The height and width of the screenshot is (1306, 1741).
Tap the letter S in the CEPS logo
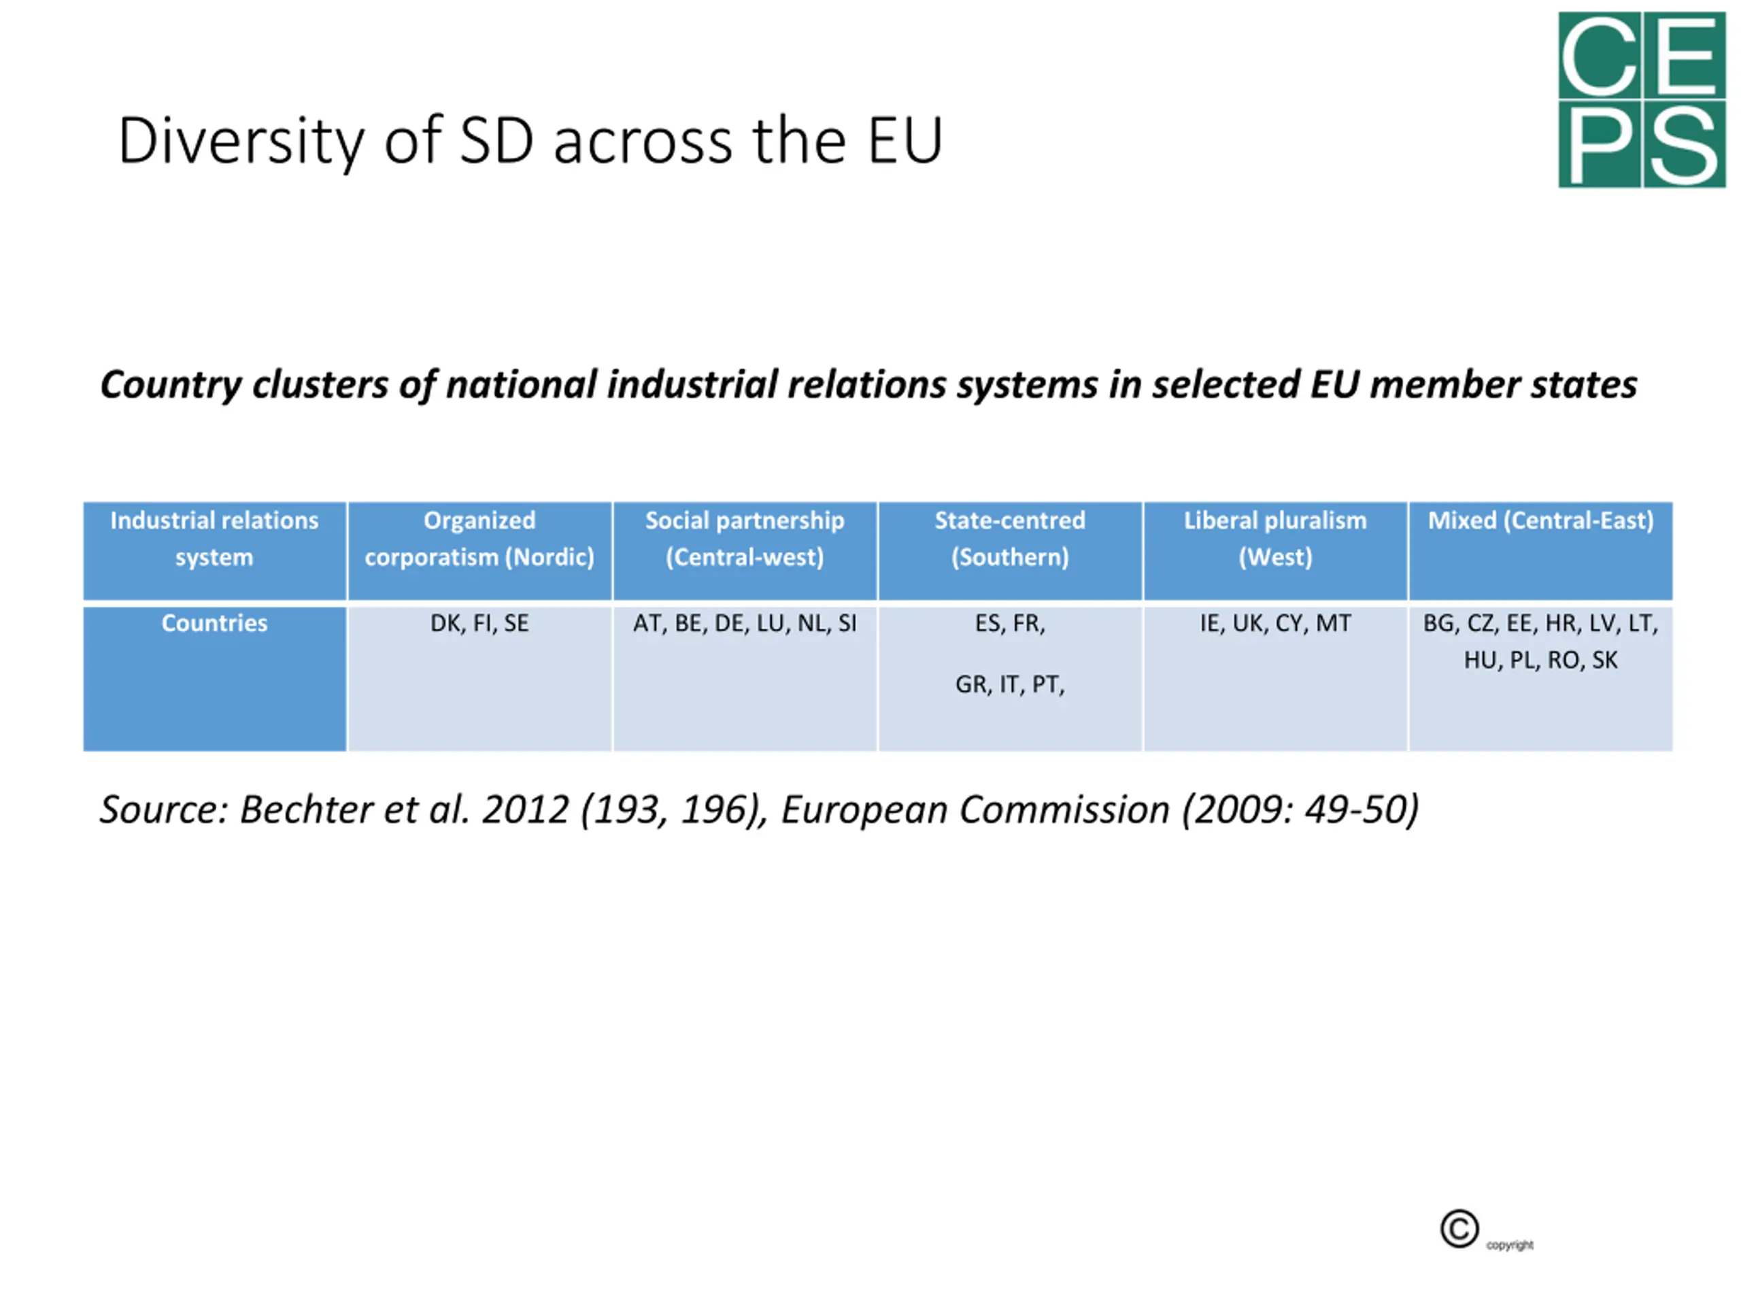[x=1684, y=146]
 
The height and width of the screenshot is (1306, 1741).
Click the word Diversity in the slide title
[x=241, y=141]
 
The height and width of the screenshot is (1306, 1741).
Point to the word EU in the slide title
[x=905, y=141]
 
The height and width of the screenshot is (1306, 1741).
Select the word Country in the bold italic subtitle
[x=170, y=386]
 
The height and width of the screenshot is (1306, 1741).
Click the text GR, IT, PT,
[x=1010, y=685]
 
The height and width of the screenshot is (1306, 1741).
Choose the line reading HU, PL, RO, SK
[x=1540, y=660]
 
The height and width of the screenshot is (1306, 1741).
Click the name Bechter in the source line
[x=305, y=810]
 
